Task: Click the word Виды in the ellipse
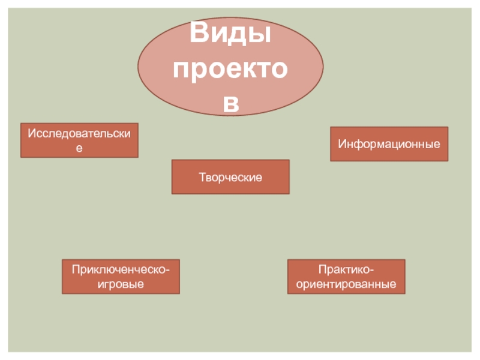(x=230, y=35)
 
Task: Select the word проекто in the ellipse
(x=230, y=70)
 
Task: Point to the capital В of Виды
(x=200, y=35)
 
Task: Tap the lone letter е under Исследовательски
(x=79, y=147)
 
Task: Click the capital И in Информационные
(x=341, y=145)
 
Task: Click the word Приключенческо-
(x=121, y=270)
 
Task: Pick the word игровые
(x=121, y=283)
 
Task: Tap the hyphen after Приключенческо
(x=167, y=271)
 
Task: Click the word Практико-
(x=346, y=270)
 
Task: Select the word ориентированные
(x=346, y=283)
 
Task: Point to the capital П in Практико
(x=322, y=270)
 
